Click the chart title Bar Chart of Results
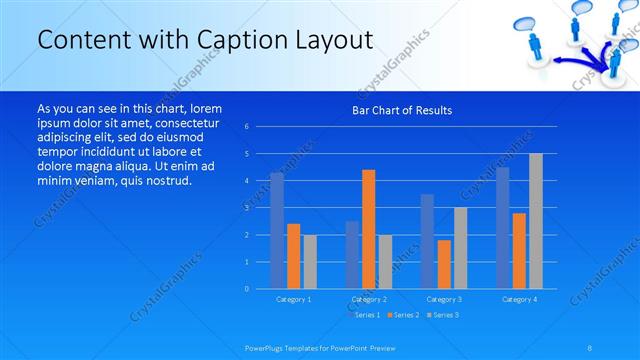pos(401,110)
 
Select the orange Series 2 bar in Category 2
pos(368,229)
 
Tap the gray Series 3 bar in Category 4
pos(536,221)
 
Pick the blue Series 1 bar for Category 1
pos(277,231)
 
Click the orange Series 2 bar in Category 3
pos(444,264)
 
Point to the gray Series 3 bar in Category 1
pos(310,262)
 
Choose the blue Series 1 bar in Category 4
pos(503,228)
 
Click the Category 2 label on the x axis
pos(368,299)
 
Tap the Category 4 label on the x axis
pos(519,299)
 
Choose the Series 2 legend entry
pos(403,315)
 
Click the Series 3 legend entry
pos(443,315)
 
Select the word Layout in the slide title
pos(337,41)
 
